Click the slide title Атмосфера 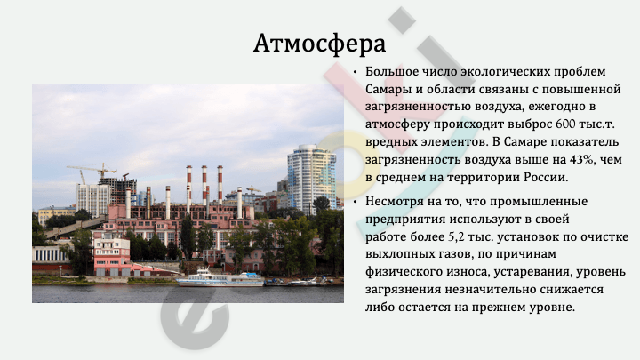coord(319,44)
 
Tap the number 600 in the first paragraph coord(565,124)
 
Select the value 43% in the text coord(581,159)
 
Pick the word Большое coord(388,72)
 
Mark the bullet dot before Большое coord(355,73)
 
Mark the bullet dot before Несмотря coord(355,202)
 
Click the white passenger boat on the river coord(220,277)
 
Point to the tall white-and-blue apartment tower coord(311,179)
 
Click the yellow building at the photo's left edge coord(55,215)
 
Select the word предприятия coord(405,220)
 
